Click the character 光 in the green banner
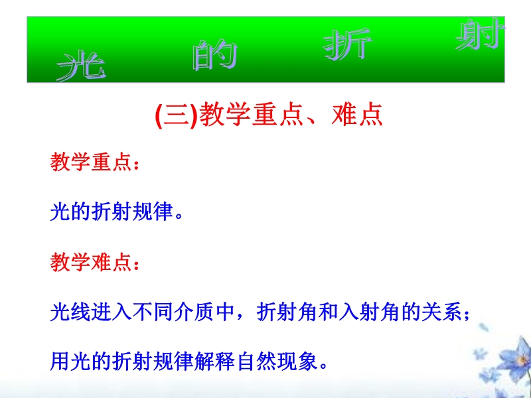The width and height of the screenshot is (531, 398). (81, 66)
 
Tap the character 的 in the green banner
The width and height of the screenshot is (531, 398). (215, 55)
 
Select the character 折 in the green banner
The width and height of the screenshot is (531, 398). (347, 44)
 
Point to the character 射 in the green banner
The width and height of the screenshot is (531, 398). (480, 34)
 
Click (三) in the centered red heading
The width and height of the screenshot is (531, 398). (176, 115)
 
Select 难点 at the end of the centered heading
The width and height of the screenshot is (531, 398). (357, 115)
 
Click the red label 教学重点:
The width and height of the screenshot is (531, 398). (95, 162)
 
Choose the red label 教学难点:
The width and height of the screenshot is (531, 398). (95, 262)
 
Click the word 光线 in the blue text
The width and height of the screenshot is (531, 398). (70, 312)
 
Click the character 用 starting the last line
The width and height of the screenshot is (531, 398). (60, 362)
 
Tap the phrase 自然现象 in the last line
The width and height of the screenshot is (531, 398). (277, 362)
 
